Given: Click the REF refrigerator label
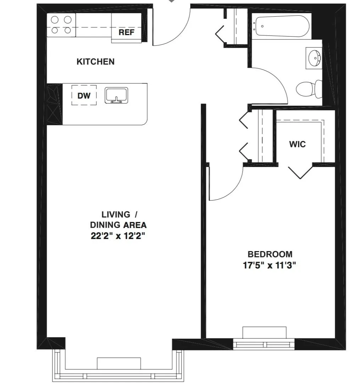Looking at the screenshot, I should (127, 32).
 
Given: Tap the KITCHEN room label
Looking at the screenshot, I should (95, 62).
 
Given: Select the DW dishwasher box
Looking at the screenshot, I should (84, 95).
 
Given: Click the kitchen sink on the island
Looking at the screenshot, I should (117, 95).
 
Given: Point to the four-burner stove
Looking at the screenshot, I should (61, 25).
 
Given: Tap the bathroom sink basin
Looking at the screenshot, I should (314, 59).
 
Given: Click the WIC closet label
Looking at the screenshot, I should (297, 144).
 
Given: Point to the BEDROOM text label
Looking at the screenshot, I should (270, 254).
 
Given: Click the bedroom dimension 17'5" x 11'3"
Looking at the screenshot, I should (270, 265).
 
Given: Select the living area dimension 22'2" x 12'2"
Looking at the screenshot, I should (118, 236).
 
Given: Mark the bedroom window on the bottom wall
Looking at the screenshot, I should (264, 344).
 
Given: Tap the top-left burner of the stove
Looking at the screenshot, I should (55, 20).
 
